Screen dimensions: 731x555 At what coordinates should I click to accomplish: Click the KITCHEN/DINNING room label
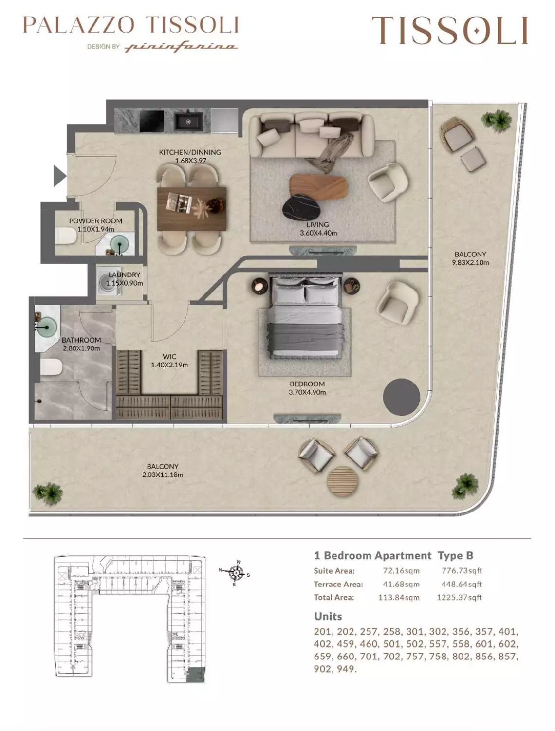coord(190,152)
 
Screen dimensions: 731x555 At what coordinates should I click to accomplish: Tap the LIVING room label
coord(317,225)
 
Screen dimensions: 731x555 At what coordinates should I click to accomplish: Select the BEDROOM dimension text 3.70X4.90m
coord(307,392)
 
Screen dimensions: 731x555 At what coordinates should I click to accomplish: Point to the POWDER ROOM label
coord(95,221)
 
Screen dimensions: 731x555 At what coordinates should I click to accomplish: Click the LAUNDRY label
coord(124,275)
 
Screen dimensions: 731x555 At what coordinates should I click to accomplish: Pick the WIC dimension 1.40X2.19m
coord(169,365)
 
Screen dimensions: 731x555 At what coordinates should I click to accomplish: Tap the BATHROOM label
coord(81,340)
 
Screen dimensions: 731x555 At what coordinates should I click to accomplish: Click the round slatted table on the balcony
coord(342,482)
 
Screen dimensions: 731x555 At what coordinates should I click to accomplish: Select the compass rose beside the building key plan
coord(237,574)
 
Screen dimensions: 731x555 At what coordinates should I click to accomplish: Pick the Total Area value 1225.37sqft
coord(459,597)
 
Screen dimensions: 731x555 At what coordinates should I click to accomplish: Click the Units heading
coord(328,616)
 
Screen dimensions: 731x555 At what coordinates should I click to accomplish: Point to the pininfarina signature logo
coord(182,47)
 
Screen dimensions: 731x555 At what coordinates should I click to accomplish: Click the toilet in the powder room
coord(65,237)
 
